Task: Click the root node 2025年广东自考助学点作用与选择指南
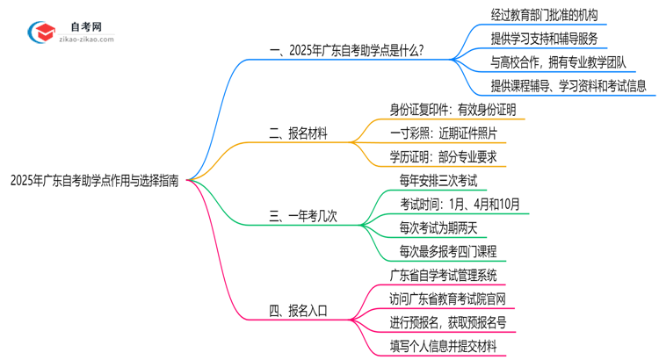click(x=95, y=181)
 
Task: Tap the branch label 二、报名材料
click(x=299, y=134)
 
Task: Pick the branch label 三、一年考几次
click(x=306, y=215)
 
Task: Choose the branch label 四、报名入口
click(x=299, y=310)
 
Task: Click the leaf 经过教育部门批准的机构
click(x=546, y=15)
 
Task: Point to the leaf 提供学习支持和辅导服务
click(x=546, y=39)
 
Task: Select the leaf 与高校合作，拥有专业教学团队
click(x=561, y=62)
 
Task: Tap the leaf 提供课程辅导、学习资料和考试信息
click(x=568, y=86)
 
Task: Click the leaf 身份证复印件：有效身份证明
click(x=453, y=110)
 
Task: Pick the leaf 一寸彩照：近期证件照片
click(x=444, y=133)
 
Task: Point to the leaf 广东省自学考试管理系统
click(x=448, y=276)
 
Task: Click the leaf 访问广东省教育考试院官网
click(x=448, y=299)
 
